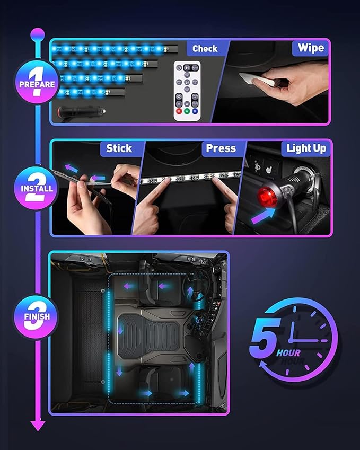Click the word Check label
(205, 49)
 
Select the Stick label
(119, 148)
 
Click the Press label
(221, 148)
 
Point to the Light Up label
(306, 148)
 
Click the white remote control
(187, 89)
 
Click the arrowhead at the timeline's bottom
(37, 425)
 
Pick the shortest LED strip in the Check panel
(91, 92)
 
